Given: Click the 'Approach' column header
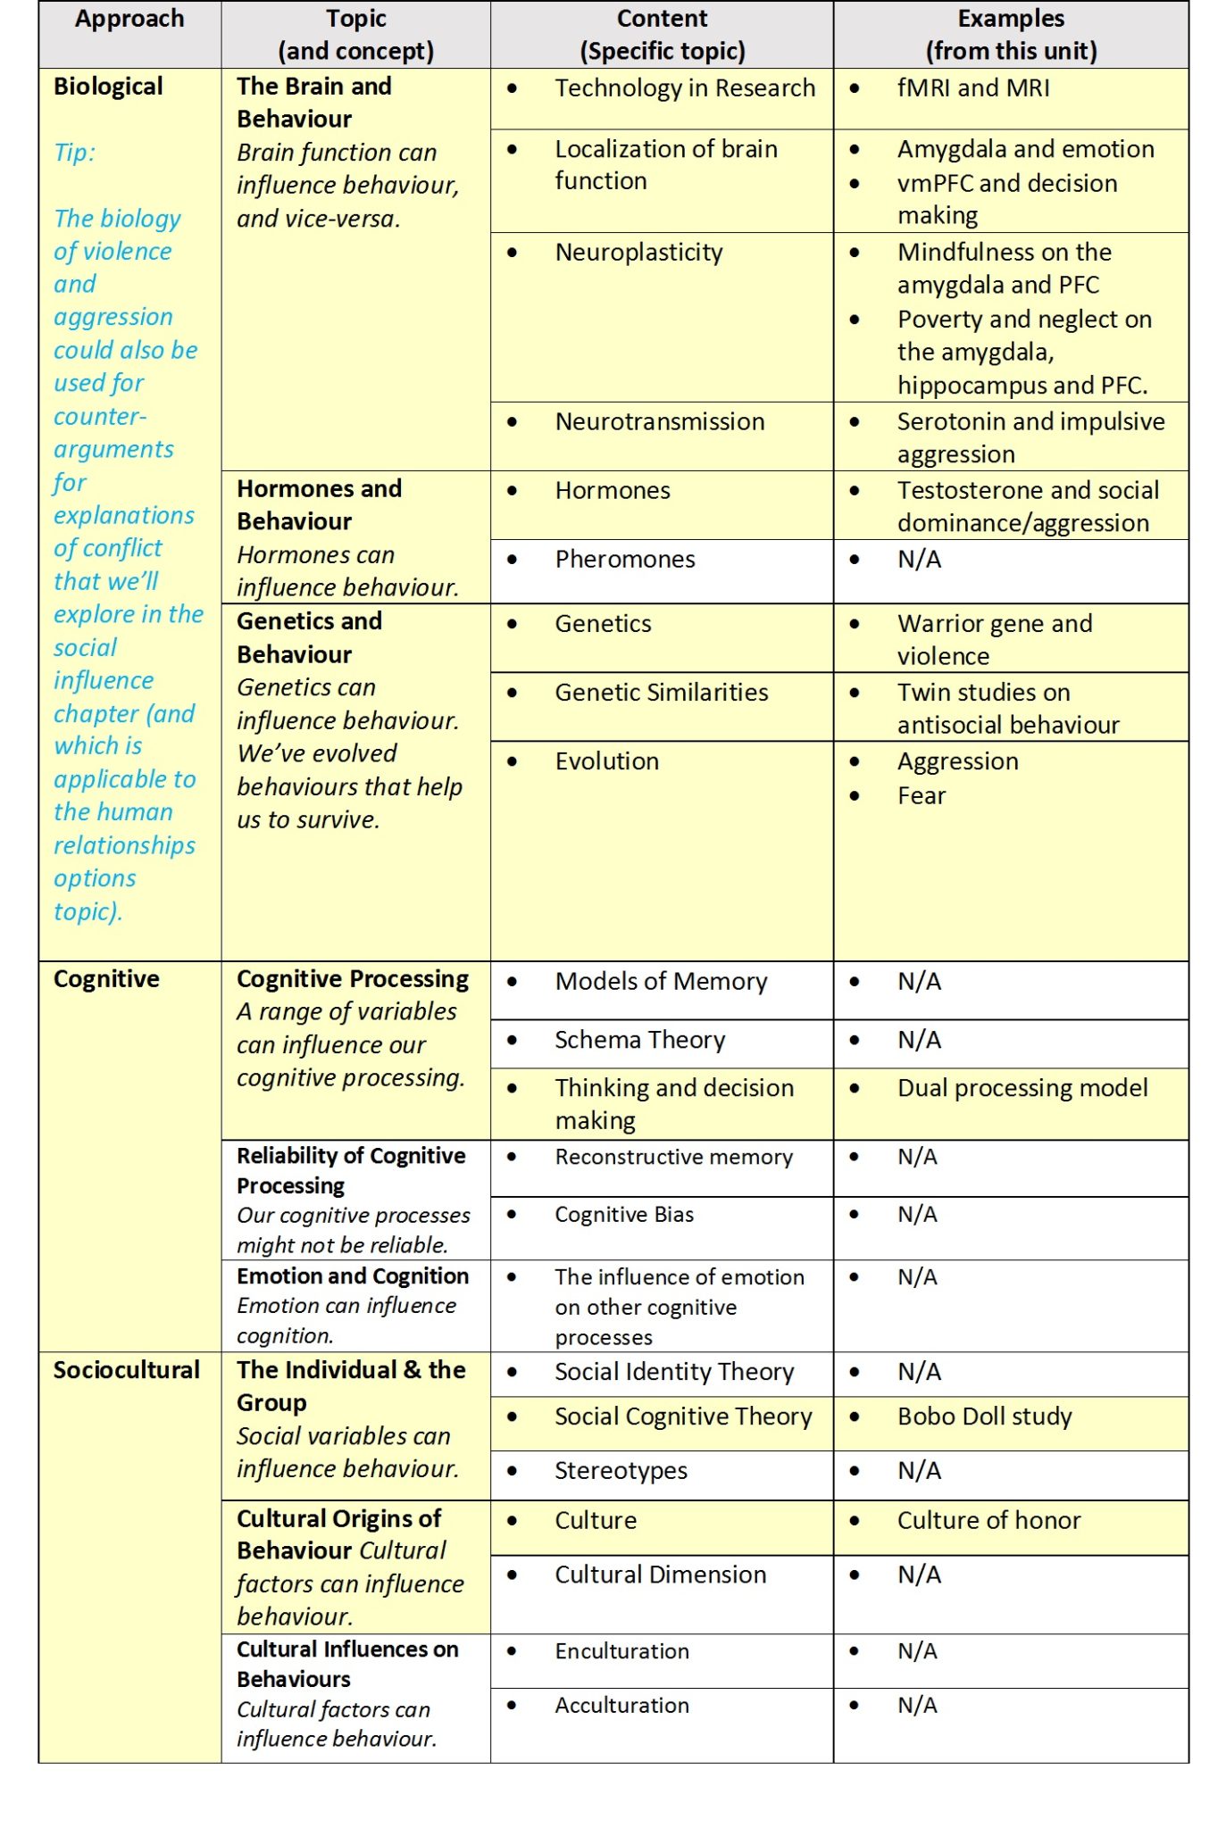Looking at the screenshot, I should point(129,19).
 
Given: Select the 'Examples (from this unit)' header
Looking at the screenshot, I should point(1011,35).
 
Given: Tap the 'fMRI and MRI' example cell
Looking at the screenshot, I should point(973,88).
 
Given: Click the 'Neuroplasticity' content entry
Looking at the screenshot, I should point(638,253).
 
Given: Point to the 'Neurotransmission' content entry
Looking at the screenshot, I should point(660,422).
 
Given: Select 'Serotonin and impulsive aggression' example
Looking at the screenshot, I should point(1030,437).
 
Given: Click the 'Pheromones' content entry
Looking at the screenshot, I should point(625,560).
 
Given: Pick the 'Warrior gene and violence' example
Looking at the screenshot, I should point(995,639).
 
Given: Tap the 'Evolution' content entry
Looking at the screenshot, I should point(607,761).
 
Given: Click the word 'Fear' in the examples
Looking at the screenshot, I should point(922,796).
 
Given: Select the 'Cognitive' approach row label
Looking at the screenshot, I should point(106,979).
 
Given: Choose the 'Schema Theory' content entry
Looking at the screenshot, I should point(640,1041).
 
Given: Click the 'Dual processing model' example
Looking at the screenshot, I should point(1022,1088).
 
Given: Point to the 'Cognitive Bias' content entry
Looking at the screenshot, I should point(624,1215).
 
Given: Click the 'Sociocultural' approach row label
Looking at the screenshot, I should point(126,1370).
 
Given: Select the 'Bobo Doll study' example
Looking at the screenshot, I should point(985,1417).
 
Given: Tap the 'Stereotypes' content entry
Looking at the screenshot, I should point(621,1471).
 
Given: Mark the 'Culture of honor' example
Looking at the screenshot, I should point(988,1521).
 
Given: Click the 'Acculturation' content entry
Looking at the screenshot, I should point(621,1706).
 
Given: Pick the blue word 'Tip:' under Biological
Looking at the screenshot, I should point(74,153).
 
